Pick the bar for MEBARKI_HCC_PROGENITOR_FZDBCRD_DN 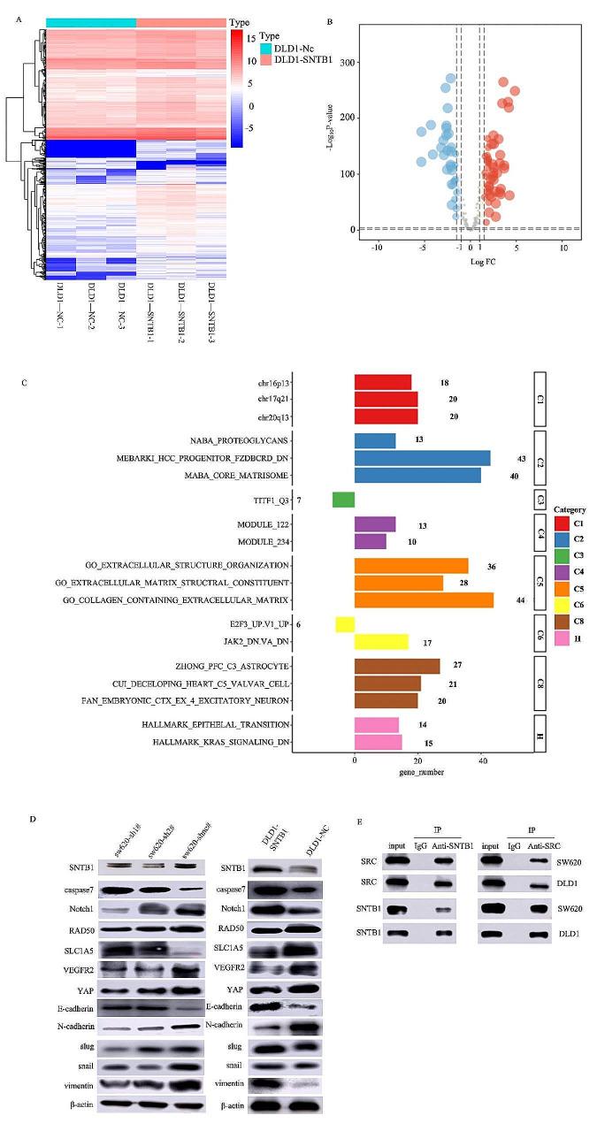click(x=422, y=458)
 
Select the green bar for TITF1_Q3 click(x=343, y=500)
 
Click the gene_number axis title click(x=424, y=772)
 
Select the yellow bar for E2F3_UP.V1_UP click(x=345, y=624)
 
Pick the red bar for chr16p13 click(x=383, y=382)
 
